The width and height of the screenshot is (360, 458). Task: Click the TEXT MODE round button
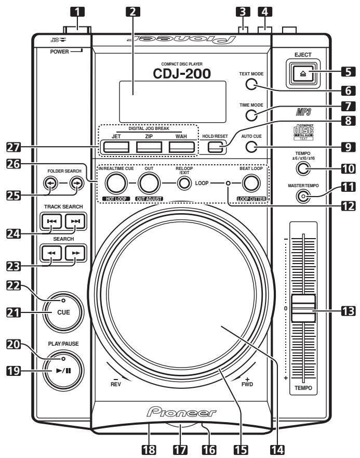[x=252, y=86]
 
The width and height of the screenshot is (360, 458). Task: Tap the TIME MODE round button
[x=252, y=116]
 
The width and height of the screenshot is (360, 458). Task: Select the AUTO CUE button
[x=252, y=147]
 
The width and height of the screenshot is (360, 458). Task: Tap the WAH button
[x=180, y=147]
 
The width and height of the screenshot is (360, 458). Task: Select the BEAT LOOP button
[x=252, y=184]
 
